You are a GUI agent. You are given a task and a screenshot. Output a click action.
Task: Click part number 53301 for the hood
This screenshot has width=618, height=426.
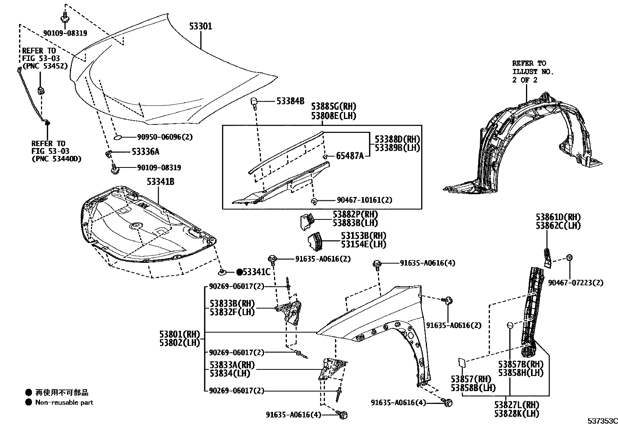pyautogui.click(x=201, y=26)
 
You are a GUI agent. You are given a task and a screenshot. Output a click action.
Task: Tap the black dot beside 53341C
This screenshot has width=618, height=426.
pyautogui.click(x=240, y=272)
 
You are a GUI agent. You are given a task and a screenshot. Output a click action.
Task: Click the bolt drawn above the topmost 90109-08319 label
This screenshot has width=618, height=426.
pyautogui.click(x=64, y=17)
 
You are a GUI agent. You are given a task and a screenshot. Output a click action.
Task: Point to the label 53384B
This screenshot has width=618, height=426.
pyautogui.click(x=290, y=102)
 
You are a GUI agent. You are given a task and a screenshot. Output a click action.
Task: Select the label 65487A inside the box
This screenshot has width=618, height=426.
pyautogui.click(x=350, y=156)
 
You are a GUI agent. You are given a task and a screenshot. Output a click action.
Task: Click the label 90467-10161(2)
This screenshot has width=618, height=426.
pyautogui.click(x=364, y=200)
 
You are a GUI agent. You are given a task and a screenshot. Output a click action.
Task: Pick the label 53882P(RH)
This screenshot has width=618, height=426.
pyautogui.click(x=355, y=214)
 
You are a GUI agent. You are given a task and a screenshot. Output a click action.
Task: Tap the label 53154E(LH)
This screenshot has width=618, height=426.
pyautogui.click(x=363, y=244)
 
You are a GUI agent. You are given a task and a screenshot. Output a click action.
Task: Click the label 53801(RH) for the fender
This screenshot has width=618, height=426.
pyautogui.click(x=179, y=334)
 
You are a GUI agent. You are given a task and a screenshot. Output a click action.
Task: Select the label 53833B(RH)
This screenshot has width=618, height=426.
pyautogui.click(x=232, y=303)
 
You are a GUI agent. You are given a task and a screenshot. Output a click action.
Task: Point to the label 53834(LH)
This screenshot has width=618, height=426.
pyautogui.click(x=229, y=373)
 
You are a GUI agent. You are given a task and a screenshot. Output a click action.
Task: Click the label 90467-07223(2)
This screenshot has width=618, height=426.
pyautogui.click(x=576, y=283)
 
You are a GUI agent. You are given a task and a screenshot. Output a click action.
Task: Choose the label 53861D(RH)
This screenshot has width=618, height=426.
pyautogui.click(x=558, y=217)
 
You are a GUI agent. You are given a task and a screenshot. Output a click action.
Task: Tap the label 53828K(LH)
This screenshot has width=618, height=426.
pyautogui.click(x=517, y=414)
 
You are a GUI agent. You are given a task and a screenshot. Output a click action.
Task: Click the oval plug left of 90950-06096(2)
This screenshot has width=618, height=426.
pyautogui.click(x=118, y=137)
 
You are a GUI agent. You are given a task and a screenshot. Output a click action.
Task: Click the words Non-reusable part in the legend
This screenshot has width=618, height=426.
pyautogui.click(x=64, y=402)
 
